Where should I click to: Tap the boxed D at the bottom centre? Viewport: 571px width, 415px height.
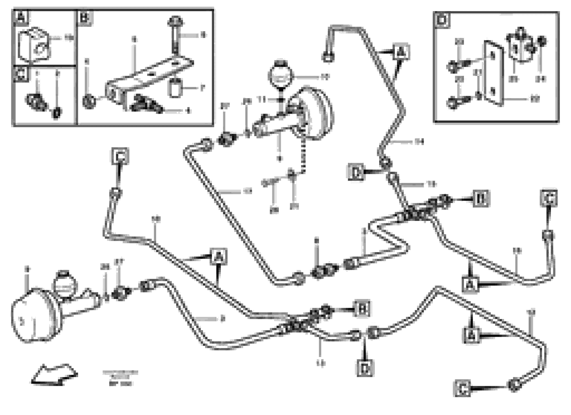pos(365,368)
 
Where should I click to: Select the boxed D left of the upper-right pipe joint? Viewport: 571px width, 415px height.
pos(356,172)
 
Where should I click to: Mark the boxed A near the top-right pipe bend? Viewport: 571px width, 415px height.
pos(401,52)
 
